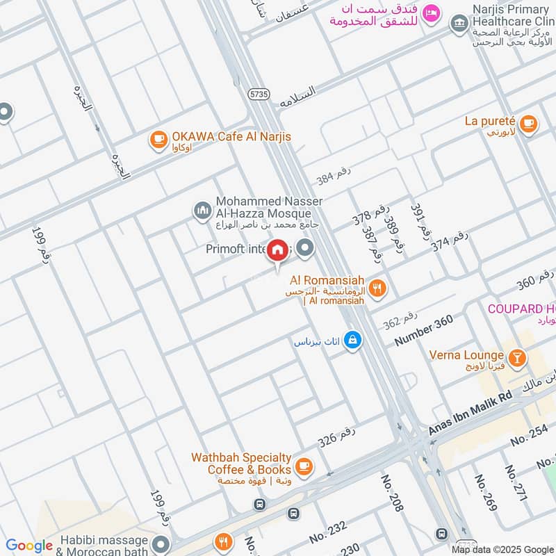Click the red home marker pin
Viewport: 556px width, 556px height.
coord(278,250)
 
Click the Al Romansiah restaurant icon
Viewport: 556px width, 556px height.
coord(377,288)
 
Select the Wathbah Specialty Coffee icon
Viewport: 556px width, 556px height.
coord(303,464)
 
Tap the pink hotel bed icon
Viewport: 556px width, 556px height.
coord(432,13)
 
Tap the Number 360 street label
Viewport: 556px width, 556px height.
coord(423,331)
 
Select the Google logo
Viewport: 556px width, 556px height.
coord(29,546)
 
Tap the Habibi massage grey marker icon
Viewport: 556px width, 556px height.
coord(161,544)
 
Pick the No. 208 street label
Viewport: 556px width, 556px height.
coord(392,493)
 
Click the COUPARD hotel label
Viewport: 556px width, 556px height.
coord(521,309)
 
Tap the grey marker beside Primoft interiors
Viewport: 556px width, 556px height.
coord(304,247)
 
